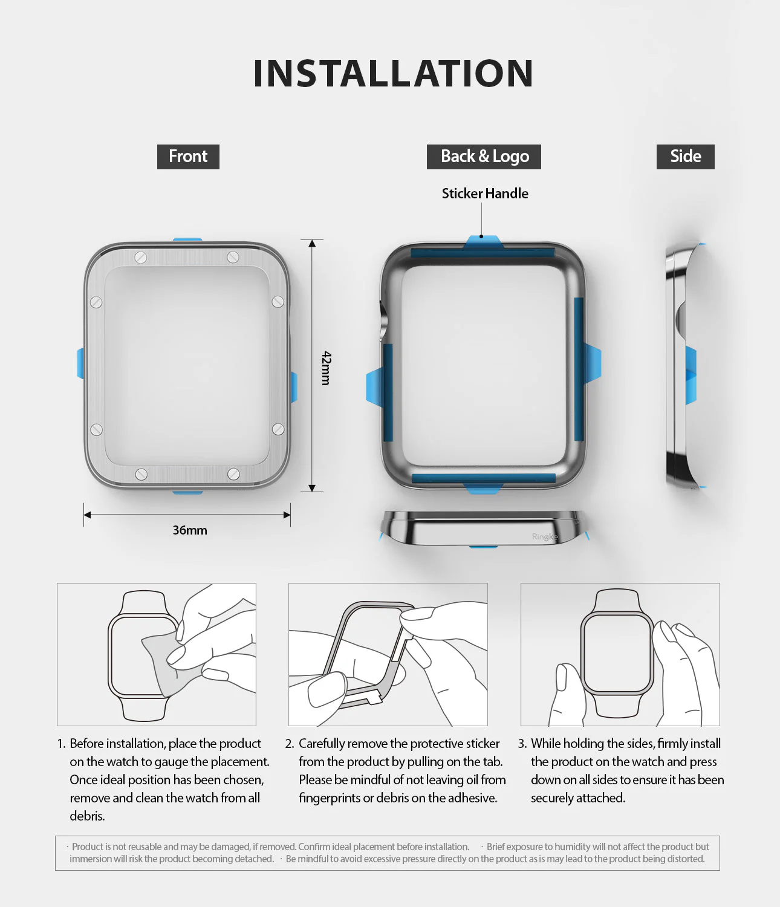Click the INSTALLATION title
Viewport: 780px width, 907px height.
point(393,73)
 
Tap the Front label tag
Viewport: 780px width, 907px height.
point(188,157)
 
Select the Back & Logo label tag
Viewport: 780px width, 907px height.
point(484,157)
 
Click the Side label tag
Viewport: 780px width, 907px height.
point(685,157)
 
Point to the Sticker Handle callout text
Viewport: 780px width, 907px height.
point(485,193)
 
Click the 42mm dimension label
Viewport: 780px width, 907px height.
point(327,368)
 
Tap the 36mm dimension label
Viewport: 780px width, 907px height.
point(189,530)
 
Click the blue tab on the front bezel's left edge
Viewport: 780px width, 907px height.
point(80,363)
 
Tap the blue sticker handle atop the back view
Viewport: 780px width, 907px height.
point(482,242)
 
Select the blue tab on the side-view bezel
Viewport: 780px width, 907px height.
point(691,375)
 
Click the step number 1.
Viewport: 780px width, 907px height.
point(61,743)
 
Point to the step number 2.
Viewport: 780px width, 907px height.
point(289,743)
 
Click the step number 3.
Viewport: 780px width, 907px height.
point(522,743)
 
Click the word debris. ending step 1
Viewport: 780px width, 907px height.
point(87,816)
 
